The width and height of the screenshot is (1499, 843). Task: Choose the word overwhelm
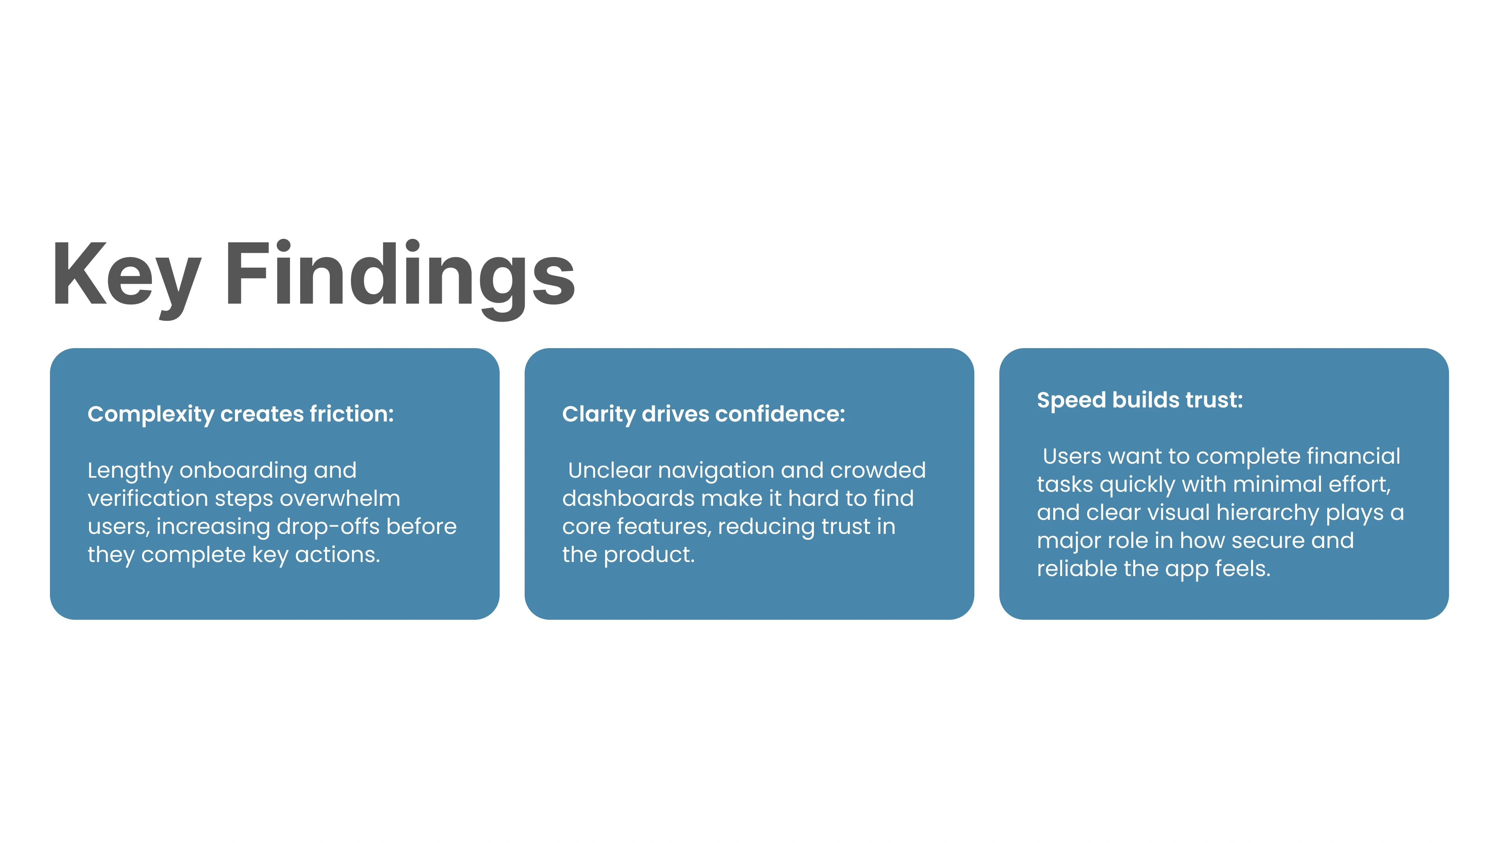click(x=340, y=499)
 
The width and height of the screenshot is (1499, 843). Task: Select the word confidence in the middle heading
click(x=780, y=414)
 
